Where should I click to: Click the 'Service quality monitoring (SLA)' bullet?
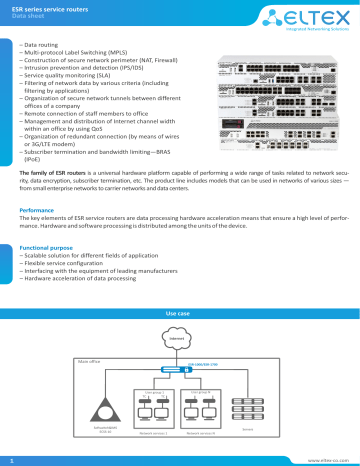point(71,84)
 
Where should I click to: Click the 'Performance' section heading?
point(41,211)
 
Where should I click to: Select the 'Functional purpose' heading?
point(51,246)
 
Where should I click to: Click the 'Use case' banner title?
point(179,314)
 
